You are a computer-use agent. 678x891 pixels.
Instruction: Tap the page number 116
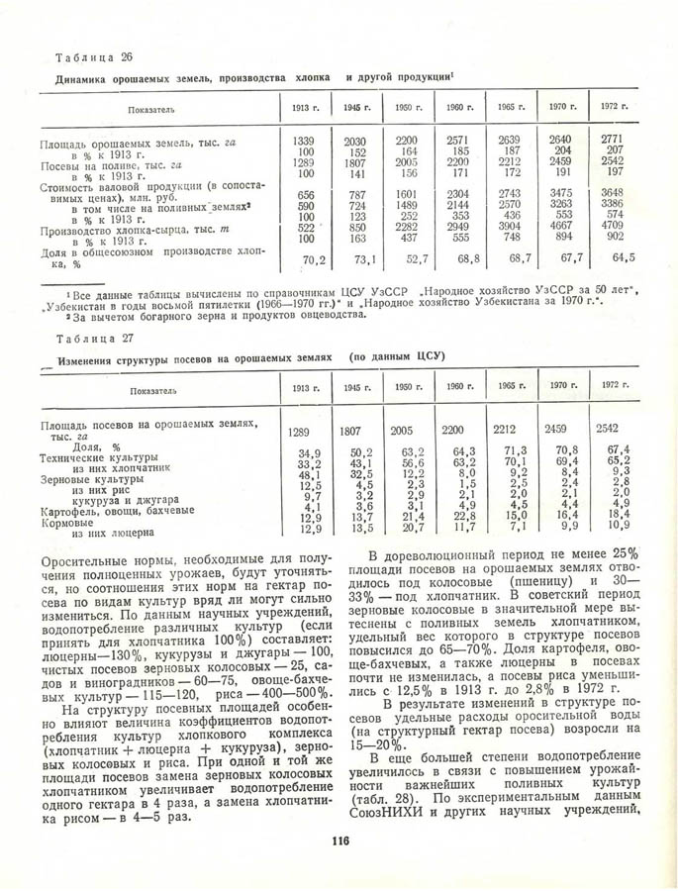coord(338,841)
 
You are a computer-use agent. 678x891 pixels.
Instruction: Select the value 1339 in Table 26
coord(305,141)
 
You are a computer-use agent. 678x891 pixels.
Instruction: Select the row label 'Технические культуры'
coord(98,457)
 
